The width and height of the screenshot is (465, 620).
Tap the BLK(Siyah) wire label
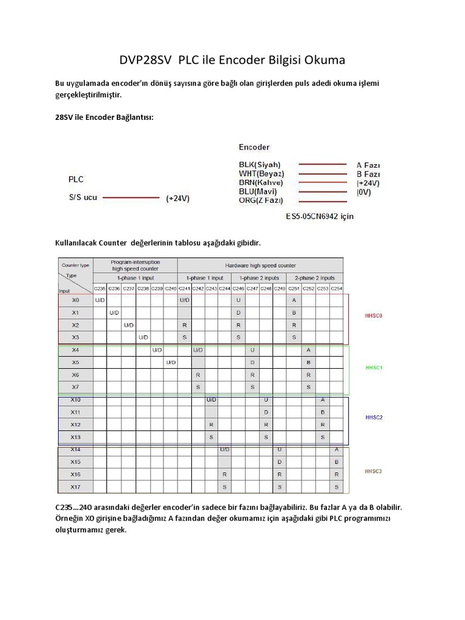(x=260, y=165)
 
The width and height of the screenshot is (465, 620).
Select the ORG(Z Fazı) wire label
(x=261, y=200)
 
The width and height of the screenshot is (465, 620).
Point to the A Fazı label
(x=368, y=165)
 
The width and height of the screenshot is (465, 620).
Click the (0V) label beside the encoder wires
(x=364, y=192)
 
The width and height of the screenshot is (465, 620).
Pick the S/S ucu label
(x=82, y=197)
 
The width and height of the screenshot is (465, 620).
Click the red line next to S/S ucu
(x=131, y=197)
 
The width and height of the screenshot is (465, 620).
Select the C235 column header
(x=100, y=288)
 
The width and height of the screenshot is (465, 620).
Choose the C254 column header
(x=337, y=288)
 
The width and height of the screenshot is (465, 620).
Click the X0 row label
(x=75, y=300)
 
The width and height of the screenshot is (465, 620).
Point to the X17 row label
(x=75, y=487)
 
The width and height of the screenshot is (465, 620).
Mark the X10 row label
(x=75, y=400)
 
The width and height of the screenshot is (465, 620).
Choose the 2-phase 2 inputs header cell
(x=315, y=277)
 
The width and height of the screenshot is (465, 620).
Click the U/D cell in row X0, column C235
(x=100, y=300)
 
